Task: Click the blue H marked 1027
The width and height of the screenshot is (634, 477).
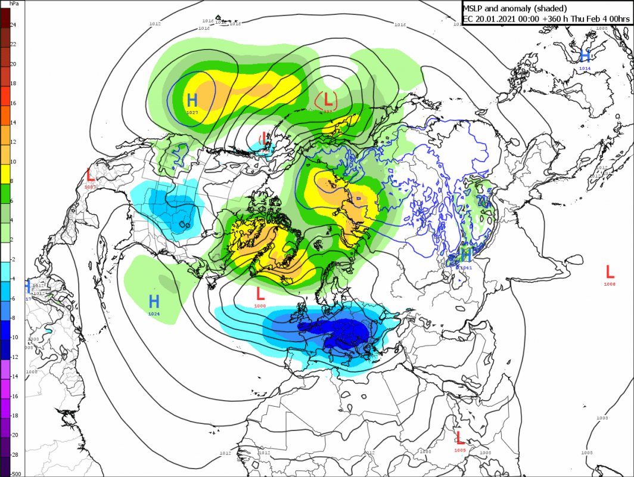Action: [x=192, y=100]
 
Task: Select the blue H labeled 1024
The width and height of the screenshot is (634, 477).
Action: [x=154, y=301]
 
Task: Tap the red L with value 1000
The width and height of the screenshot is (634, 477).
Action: [x=260, y=293]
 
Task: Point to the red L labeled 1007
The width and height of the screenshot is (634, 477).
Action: [x=91, y=175]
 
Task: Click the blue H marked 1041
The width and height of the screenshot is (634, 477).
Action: [x=466, y=255]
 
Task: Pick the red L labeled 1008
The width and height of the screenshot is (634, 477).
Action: [x=610, y=272]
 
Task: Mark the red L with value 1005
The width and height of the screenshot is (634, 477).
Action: [x=459, y=438]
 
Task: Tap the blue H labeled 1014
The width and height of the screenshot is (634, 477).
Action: [x=585, y=56]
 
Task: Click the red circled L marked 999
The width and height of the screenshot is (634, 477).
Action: [x=327, y=99]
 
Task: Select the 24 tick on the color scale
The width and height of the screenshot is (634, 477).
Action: [x=13, y=25]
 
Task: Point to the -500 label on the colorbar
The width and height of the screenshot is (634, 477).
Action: [x=15, y=474]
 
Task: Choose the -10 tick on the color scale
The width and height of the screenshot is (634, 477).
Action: [x=14, y=337]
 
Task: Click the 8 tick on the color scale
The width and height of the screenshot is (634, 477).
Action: [x=13, y=181]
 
